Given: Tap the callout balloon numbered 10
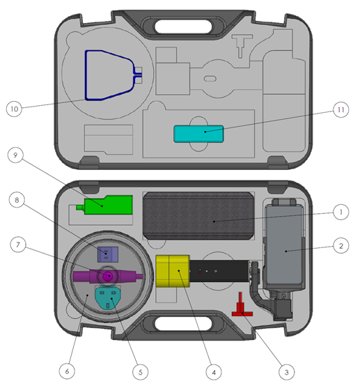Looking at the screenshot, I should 16,109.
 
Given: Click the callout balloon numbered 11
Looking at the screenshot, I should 339,109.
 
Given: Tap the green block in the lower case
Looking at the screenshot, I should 108,205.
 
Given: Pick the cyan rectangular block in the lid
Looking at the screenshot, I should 198,134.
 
